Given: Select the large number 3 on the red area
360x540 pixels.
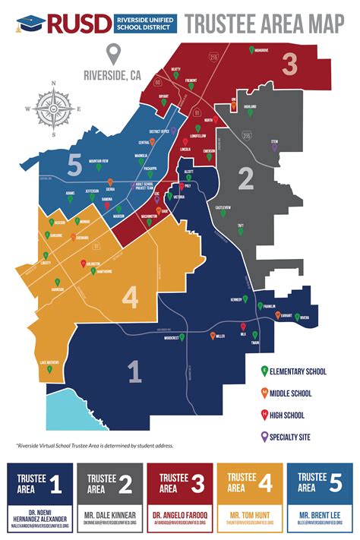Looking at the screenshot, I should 289,65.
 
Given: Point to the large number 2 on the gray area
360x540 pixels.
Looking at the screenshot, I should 245,178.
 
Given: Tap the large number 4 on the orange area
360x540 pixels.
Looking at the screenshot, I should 131,297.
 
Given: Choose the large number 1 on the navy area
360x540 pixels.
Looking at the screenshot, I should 134,371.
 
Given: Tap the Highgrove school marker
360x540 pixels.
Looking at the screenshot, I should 252,50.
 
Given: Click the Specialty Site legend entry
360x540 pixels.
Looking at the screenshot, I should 292,436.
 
